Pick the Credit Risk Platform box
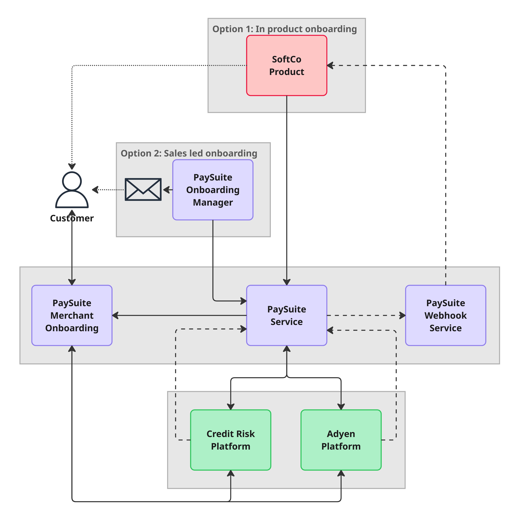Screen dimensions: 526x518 231,440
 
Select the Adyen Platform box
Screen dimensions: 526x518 341,440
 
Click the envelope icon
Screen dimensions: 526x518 143,190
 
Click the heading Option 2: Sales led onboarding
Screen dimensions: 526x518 189,153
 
